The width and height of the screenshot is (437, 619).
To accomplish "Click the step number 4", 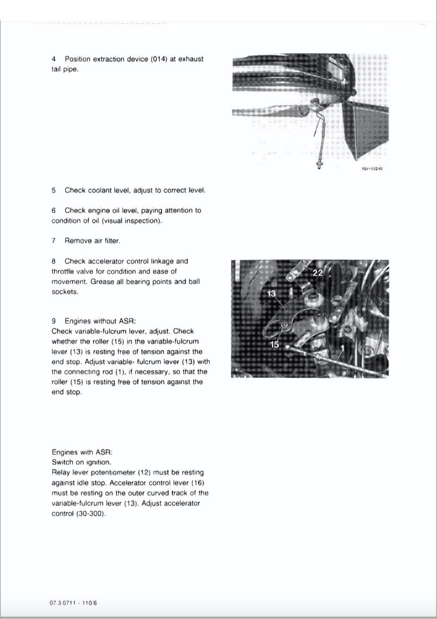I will (x=54, y=59).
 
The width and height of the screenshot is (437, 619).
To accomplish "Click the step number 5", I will (x=54, y=190).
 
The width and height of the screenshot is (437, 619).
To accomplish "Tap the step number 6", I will (x=54, y=210).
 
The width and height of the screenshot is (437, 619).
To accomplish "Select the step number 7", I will (x=54, y=241).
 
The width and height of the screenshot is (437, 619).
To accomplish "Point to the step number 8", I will (x=54, y=261).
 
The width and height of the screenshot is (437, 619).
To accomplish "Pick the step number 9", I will (x=54, y=321).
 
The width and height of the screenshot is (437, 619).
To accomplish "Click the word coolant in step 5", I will (x=101, y=190).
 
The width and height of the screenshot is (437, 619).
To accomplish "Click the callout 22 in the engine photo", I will (x=317, y=273).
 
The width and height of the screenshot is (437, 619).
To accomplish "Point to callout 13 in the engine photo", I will (x=272, y=294).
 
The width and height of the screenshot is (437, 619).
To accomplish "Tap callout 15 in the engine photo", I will (x=274, y=344).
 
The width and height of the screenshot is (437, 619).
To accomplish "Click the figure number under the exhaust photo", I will (x=372, y=168).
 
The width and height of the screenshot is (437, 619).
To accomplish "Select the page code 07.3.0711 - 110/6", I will (x=73, y=603).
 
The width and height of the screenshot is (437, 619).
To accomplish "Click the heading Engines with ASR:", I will (x=82, y=452).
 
